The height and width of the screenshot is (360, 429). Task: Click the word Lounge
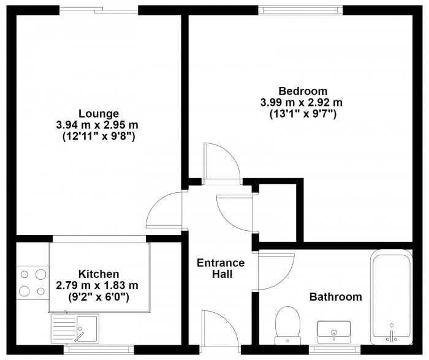tap(99, 113)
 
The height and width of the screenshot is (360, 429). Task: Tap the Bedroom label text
tap(303, 91)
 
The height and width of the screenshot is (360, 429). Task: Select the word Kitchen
tap(99, 274)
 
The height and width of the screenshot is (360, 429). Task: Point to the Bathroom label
tap(336, 296)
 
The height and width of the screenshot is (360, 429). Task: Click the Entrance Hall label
tap(221, 268)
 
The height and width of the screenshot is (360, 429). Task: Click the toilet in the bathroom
tap(287, 325)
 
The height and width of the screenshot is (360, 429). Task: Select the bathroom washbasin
tap(334, 332)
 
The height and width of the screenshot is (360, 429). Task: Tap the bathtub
tap(392, 297)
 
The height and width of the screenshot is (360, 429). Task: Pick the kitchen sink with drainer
tap(75, 329)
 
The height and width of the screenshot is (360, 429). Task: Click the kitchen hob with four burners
tap(32, 283)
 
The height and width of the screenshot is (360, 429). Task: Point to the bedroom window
tap(300, 10)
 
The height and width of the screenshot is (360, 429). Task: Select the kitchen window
tap(99, 350)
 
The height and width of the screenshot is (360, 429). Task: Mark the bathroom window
tap(335, 350)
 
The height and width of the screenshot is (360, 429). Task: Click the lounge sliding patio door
tap(99, 10)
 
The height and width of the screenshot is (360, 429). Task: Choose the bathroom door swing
tap(276, 272)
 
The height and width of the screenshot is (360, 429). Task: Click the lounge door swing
tap(164, 210)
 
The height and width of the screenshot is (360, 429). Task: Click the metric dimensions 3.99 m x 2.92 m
tap(302, 103)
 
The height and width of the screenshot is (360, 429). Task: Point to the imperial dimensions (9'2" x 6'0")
tap(99, 296)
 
